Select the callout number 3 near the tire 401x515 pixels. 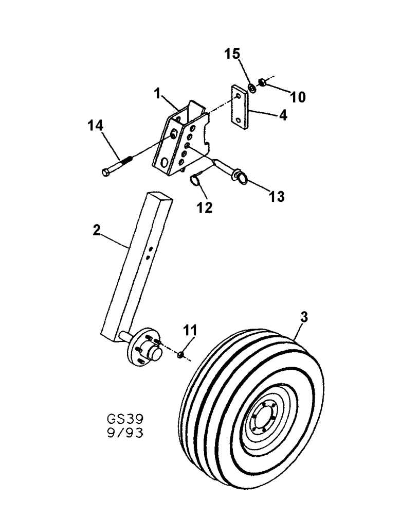tap(304, 318)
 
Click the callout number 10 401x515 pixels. tap(298, 96)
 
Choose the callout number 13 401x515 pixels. tap(276, 196)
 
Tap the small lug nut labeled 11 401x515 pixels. tap(181, 355)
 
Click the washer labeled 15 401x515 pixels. tap(252, 88)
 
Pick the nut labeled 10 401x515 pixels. tap(262, 81)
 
